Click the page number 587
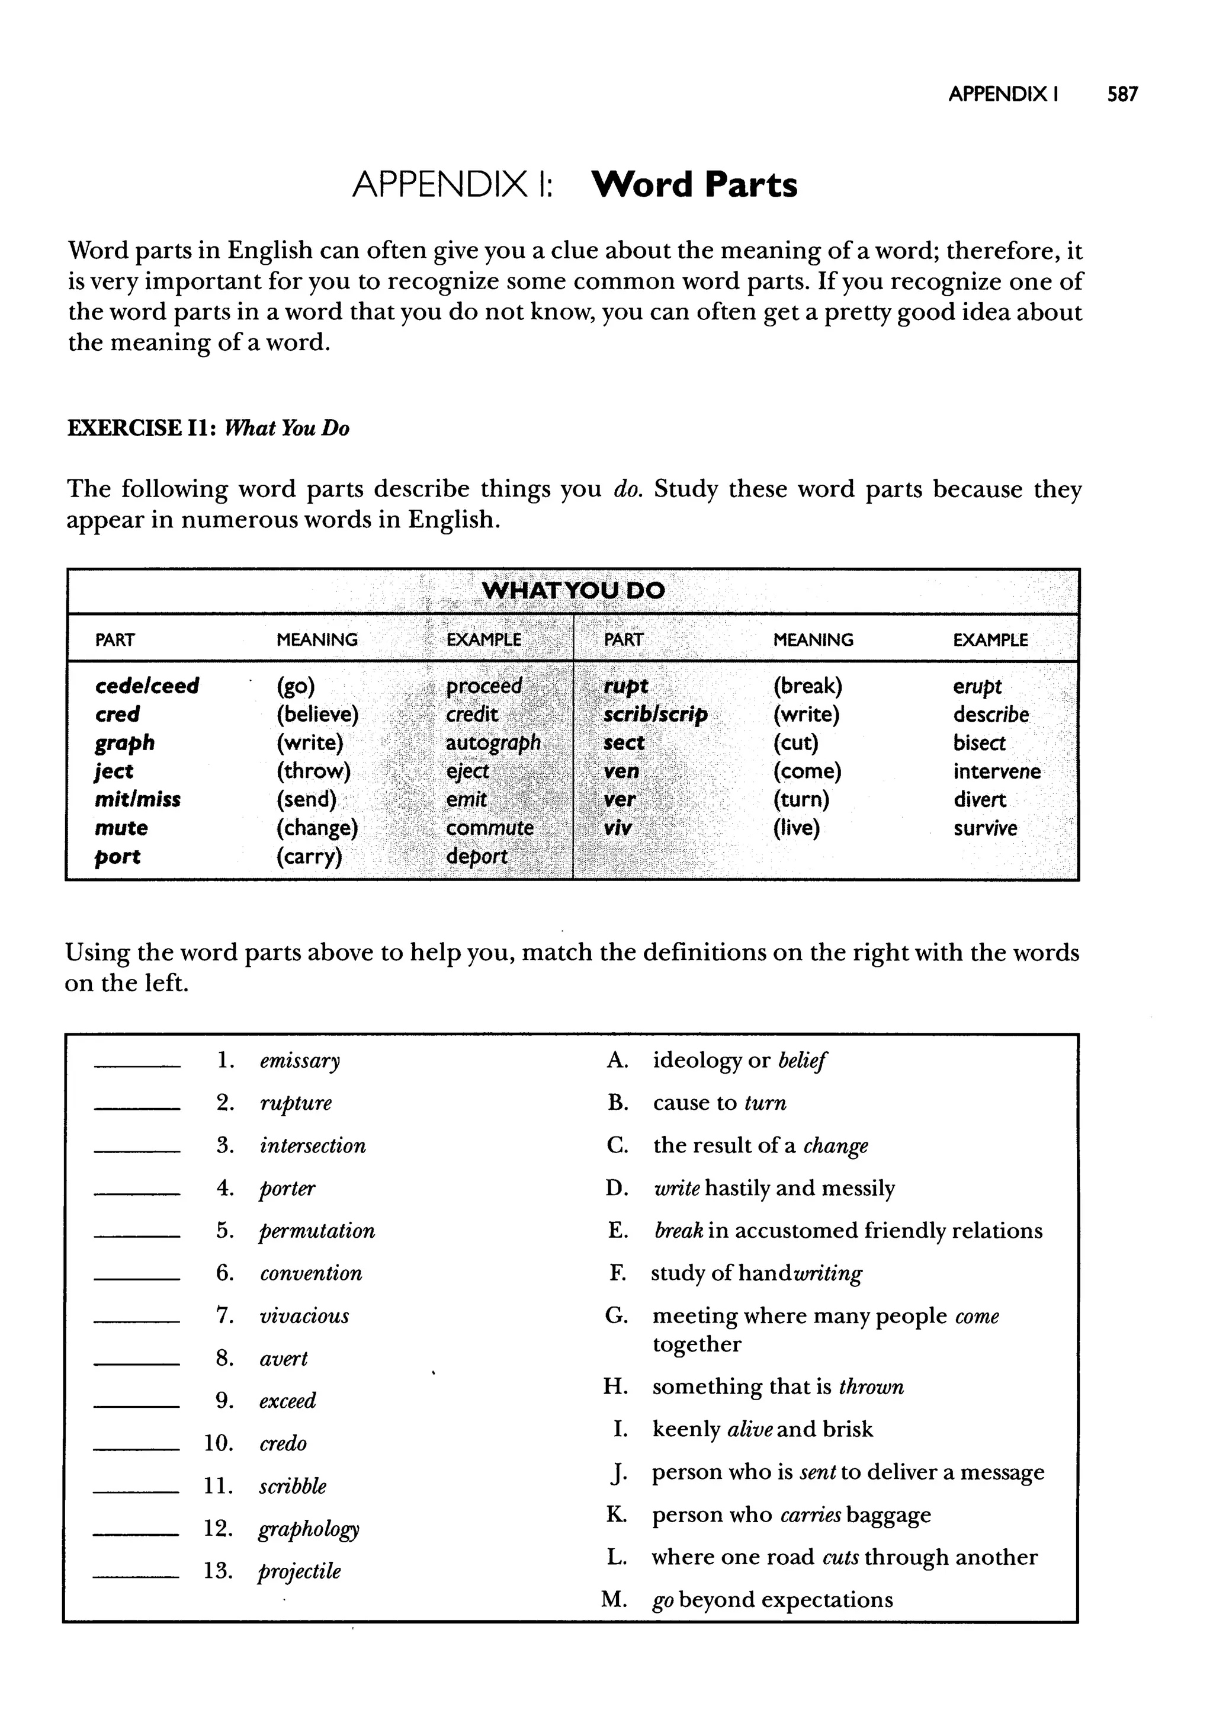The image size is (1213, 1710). (x=1122, y=94)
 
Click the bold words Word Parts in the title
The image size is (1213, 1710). (x=694, y=184)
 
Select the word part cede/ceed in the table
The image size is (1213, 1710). (x=147, y=686)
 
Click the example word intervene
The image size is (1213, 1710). (x=996, y=771)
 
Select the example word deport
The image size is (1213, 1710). (x=477, y=856)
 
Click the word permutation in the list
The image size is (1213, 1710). (x=317, y=1231)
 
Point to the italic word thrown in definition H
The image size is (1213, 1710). (x=871, y=1386)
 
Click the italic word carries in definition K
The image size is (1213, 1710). (x=810, y=1514)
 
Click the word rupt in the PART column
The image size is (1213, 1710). (x=625, y=686)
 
